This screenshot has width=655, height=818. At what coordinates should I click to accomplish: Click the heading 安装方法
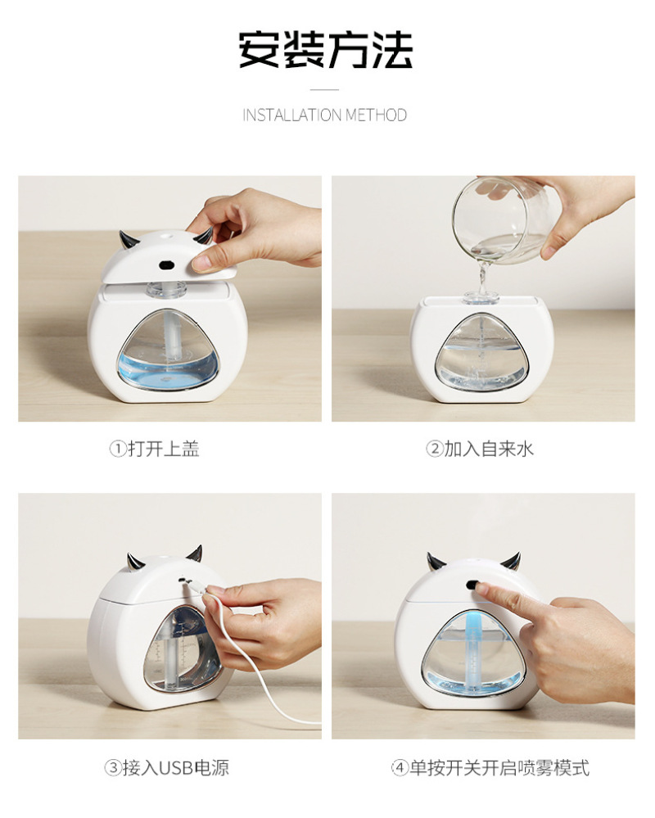325,50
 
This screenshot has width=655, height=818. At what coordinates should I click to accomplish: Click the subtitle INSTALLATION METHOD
324,115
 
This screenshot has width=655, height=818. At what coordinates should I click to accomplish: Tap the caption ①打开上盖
155,449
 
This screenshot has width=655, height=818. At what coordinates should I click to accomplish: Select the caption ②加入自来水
480,449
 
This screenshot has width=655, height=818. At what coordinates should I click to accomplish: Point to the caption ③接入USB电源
167,767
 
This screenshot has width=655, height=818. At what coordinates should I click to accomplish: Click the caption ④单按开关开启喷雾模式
490,767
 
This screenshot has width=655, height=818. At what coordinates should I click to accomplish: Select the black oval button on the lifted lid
166,264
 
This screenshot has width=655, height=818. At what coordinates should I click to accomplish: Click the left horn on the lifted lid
127,240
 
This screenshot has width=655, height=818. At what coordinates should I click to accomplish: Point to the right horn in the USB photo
195,553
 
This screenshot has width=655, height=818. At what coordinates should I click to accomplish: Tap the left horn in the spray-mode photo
435,561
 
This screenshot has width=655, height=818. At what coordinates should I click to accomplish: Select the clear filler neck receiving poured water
480,297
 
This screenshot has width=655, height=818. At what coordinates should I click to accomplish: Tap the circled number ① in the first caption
117,449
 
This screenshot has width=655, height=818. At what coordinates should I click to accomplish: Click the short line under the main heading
324,90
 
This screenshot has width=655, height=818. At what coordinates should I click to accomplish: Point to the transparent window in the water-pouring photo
482,351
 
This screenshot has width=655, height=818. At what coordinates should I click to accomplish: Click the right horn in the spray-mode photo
511,562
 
